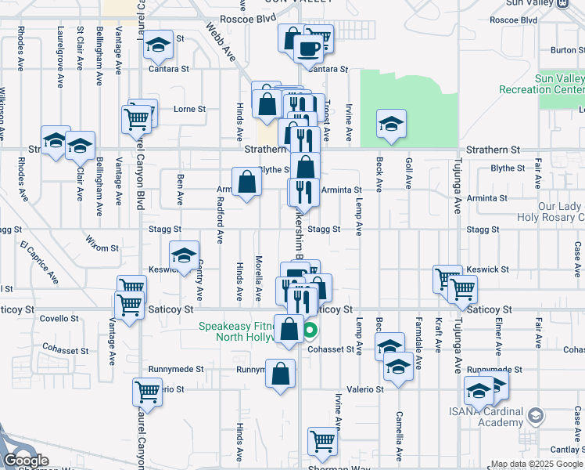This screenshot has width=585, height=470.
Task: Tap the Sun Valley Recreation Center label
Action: pyautogui.click(x=547, y=85)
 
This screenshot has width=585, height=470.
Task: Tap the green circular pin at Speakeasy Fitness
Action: pyautogui.click(x=310, y=331)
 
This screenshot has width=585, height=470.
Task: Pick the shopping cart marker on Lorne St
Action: pyautogui.click(x=136, y=118)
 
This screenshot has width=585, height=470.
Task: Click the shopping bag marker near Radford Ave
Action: pyautogui.click(x=246, y=183)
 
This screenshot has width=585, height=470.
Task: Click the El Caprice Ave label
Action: pyautogui.click(x=41, y=265)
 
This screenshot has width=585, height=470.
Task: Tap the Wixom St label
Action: pyautogui.click(x=102, y=248)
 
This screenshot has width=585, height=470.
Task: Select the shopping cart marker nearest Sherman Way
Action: pyautogui.click(x=321, y=442)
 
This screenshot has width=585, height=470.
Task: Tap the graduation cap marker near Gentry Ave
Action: pyautogui.click(x=184, y=255)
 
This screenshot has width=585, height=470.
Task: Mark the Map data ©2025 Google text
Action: pyautogui.click(x=536, y=464)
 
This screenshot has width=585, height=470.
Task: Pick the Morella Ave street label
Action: pyautogui.click(x=259, y=278)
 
